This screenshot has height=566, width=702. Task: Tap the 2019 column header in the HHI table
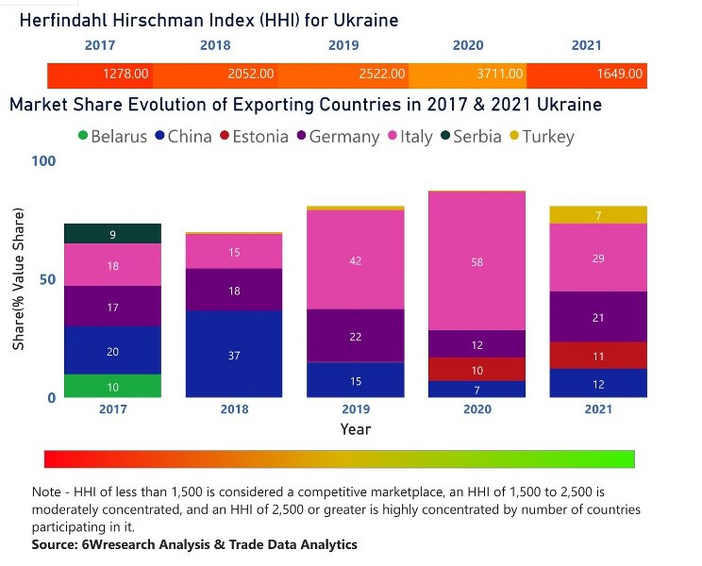click(343, 45)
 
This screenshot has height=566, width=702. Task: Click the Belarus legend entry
click(111, 137)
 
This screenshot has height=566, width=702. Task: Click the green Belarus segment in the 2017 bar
click(112, 386)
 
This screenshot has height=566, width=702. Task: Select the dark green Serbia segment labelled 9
click(112, 234)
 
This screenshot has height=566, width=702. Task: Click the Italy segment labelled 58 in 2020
click(476, 261)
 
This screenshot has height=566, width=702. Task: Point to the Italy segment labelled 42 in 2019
click(355, 259)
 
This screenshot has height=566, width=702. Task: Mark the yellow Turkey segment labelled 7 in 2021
click(597, 215)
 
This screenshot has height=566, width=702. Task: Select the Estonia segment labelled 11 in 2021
click(597, 356)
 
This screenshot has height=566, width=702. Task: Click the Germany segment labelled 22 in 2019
click(355, 336)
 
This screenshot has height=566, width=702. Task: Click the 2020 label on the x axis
click(476, 409)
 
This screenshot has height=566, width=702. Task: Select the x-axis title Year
click(355, 429)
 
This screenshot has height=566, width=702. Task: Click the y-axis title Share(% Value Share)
click(19, 280)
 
